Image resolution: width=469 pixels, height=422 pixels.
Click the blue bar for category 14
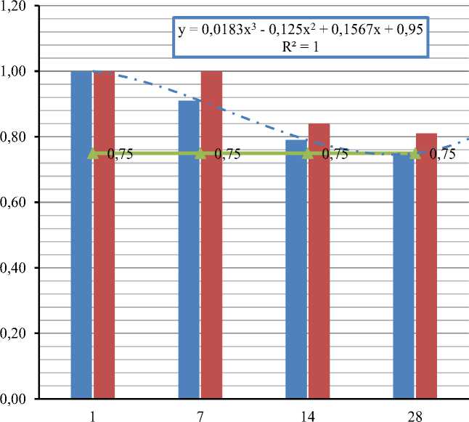297,269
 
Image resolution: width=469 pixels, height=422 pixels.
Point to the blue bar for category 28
404,276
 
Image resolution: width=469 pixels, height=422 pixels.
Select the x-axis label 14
308,413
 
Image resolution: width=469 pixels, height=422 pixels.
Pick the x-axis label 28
415,413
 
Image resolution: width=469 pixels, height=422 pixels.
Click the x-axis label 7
200,413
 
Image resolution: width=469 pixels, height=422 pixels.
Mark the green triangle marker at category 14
308,153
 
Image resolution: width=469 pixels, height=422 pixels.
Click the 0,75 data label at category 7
227,154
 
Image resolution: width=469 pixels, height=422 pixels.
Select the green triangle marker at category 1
93,153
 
